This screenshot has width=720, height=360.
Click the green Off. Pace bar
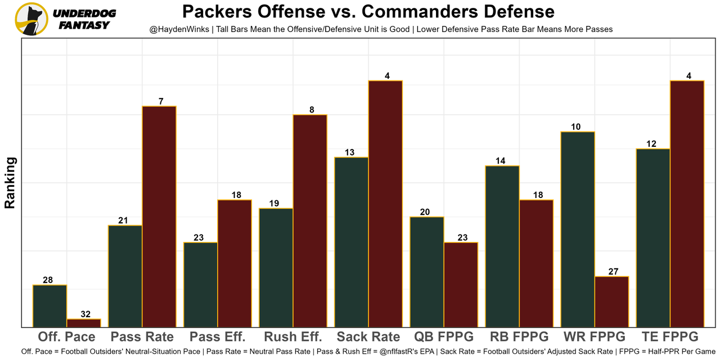50,306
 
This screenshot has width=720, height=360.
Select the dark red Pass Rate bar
159,217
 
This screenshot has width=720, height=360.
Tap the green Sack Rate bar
352,242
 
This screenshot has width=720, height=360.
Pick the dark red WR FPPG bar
611,301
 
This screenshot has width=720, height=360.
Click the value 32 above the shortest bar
85,314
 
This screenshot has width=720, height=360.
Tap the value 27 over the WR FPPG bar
613,272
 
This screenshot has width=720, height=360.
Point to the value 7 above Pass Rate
161,101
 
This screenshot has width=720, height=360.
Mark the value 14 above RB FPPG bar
500,161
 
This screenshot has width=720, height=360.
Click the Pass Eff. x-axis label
218,337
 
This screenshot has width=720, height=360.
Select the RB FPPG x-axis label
519,337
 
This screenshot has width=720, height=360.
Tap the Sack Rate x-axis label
368,337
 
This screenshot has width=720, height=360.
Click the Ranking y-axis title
10,183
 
